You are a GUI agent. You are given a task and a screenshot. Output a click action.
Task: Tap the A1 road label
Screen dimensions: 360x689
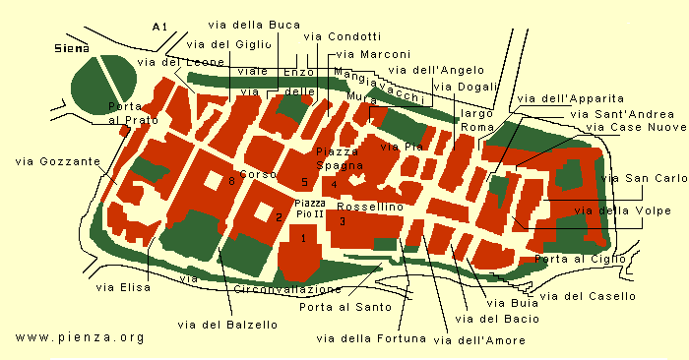[160, 26]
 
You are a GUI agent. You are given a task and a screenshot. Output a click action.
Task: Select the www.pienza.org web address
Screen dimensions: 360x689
[80, 336]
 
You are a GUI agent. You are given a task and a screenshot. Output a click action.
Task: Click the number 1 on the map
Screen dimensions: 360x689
[304, 238]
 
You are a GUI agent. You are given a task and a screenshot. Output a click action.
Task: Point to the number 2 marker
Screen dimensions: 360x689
[279, 217]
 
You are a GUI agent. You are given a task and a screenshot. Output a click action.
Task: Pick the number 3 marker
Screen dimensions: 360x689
[342, 221]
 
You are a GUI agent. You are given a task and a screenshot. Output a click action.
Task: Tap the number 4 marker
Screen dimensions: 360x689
[335, 184]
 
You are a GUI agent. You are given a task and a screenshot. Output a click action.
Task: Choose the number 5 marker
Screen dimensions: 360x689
[305, 183]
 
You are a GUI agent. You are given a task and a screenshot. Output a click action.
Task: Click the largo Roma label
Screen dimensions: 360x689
[477, 121]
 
